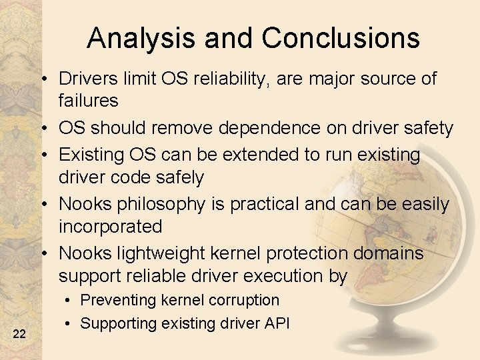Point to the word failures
pos(89,101)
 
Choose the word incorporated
pos(110,227)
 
